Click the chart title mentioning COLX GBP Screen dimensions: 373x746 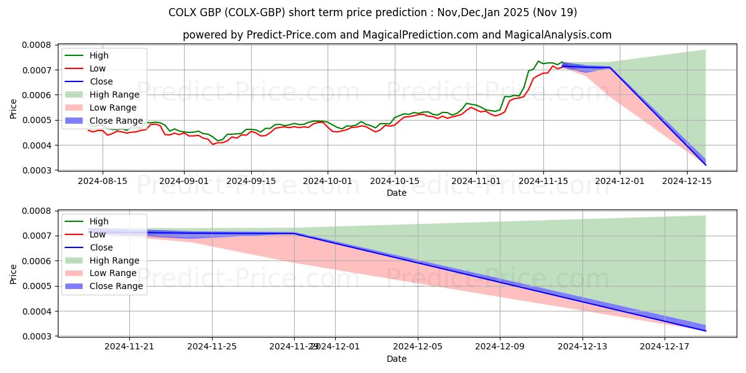[372, 12]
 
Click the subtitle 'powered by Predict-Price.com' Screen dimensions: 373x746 [397, 35]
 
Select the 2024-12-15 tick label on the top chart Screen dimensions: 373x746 [687, 180]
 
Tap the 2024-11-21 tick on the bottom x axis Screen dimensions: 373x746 [129, 346]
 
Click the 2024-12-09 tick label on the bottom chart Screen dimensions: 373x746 [500, 346]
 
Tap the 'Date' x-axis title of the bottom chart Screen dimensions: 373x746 [397, 359]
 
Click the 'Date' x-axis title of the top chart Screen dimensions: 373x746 [397, 193]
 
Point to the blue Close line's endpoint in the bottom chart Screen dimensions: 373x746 [706, 331]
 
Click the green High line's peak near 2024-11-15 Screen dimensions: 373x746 [538, 61]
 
